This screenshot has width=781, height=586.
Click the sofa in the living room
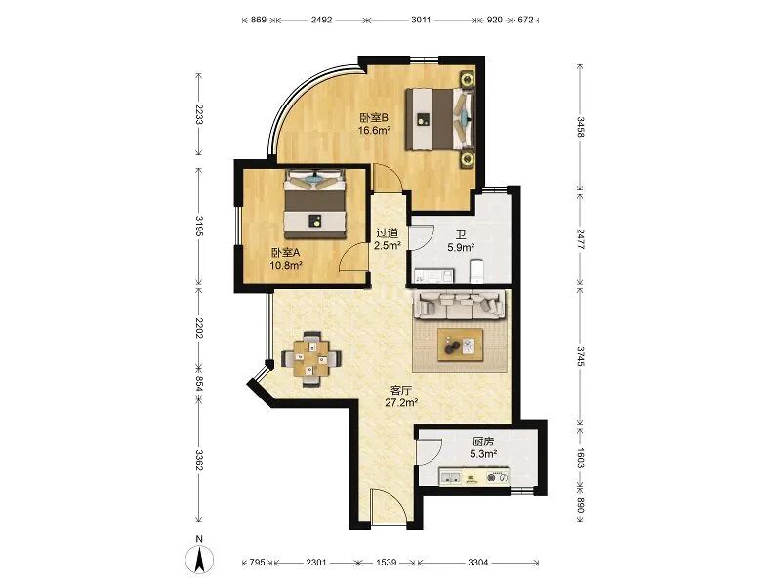point(462,305)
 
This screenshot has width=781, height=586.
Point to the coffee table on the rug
point(461,345)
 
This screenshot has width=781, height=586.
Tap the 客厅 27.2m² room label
point(401,396)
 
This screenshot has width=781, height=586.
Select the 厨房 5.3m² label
point(482,447)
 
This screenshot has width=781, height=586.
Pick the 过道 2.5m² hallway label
point(388,239)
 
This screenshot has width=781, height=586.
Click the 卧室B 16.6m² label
point(375,123)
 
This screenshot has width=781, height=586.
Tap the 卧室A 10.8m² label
point(287,258)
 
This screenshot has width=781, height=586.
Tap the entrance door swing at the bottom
point(388,509)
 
